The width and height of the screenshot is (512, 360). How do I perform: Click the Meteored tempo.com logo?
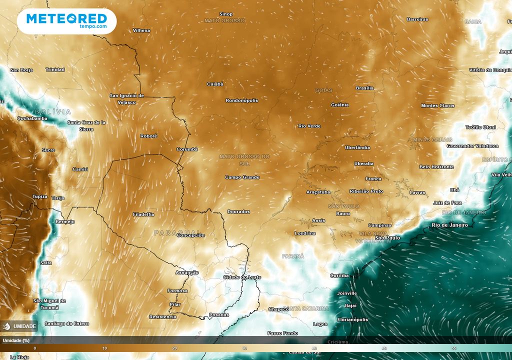click(x=66, y=21)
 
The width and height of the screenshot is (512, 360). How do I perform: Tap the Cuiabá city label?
click(x=215, y=84)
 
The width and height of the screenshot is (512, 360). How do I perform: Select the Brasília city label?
click(x=364, y=88)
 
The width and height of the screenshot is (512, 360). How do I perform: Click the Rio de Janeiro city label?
click(x=449, y=225)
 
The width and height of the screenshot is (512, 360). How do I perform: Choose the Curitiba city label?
click(x=339, y=275)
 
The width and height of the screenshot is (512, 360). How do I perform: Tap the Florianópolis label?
click(x=352, y=319)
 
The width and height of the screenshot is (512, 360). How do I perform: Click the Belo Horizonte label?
click(x=436, y=167)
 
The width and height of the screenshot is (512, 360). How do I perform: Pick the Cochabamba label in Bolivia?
click(x=32, y=118)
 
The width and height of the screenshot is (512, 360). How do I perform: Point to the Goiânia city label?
click(x=340, y=105)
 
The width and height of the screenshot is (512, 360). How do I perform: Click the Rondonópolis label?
click(x=241, y=100)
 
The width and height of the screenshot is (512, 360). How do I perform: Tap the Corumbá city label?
click(x=187, y=149)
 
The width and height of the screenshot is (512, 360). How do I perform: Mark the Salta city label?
click(x=45, y=263)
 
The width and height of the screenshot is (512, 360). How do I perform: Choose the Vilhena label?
click(x=141, y=30)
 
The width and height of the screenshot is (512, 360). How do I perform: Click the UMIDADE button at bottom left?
click(x=20, y=326)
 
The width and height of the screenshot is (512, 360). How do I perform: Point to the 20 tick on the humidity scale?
click(x=174, y=348)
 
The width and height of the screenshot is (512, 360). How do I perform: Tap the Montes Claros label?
click(x=438, y=106)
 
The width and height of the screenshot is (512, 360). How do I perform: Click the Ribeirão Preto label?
click(x=366, y=191)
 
